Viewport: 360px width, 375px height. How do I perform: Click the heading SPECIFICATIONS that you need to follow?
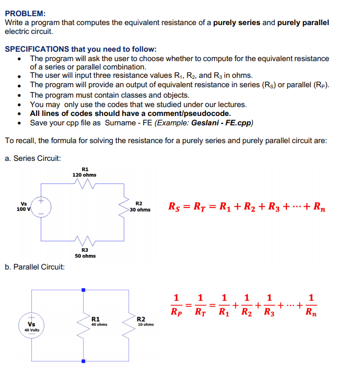click(80, 49)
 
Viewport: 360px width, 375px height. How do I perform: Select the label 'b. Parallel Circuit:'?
click(35, 267)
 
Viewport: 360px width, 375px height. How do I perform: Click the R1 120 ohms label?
click(84, 172)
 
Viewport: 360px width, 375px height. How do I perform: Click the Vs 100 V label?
click(24, 206)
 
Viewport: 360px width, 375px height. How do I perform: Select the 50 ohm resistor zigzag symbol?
click(84, 241)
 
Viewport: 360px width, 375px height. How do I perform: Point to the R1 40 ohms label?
click(98, 321)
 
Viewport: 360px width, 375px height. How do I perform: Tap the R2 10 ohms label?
click(145, 321)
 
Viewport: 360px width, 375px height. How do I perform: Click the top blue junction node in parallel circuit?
click(83, 288)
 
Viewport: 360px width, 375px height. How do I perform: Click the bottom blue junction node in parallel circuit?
click(83, 361)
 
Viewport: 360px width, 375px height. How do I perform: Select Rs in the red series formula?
click(176, 207)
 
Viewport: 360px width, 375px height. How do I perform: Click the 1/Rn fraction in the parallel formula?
click(310, 306)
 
